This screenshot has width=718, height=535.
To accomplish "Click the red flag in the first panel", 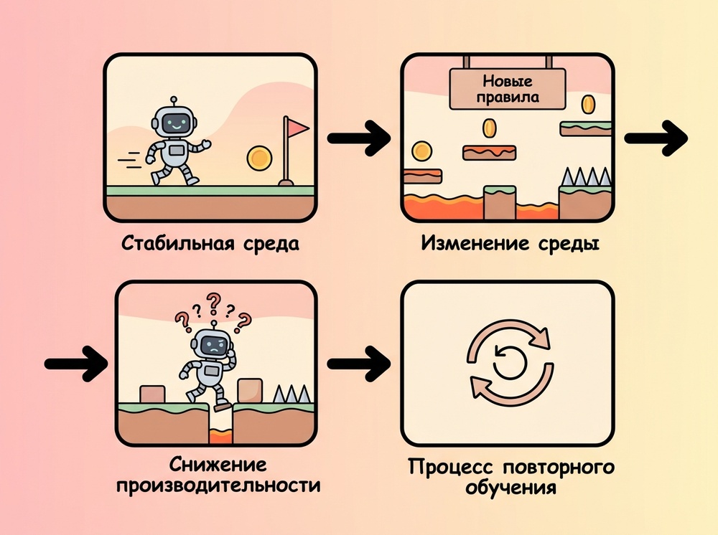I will point(297,128).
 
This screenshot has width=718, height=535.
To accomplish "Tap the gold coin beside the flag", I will point(259,157).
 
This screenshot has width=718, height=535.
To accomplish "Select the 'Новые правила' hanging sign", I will point(508,89).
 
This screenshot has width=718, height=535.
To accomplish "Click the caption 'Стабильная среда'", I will point(210,242).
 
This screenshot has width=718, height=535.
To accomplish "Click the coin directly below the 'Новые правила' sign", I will point(490,128).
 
